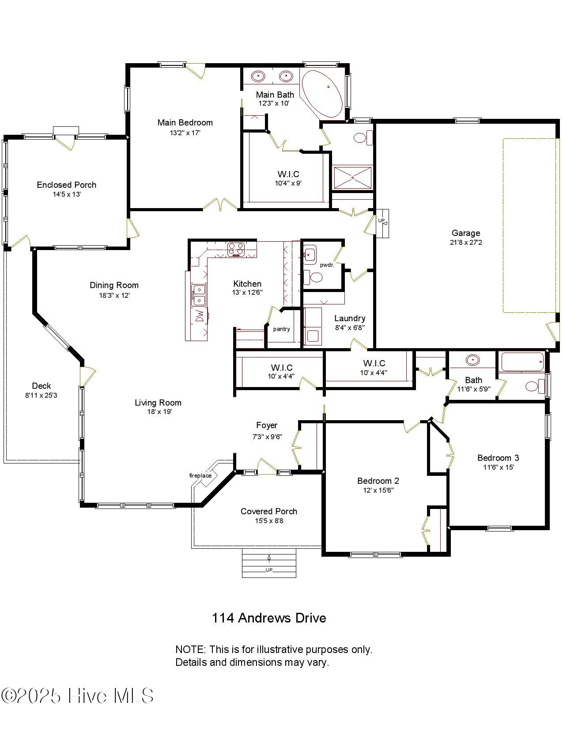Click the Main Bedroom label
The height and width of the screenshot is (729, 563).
point(185,122)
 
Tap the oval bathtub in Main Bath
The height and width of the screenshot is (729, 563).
point(322,93)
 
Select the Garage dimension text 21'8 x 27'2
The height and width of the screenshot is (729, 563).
point(466,243)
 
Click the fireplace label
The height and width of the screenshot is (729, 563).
point(200,475)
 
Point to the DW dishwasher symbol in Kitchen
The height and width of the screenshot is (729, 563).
point(200,316)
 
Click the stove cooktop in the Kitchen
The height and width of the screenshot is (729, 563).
point(236,249)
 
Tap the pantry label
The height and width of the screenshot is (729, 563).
point(281,329)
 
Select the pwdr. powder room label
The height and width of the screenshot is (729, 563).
point(327,265)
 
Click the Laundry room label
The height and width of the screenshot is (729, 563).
point(349,318)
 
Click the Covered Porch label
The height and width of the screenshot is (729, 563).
point(268,511)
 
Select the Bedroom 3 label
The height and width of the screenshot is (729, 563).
point(498,458)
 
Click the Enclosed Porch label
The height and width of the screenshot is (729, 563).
point(66,185)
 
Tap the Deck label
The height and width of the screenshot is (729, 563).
point(41,386)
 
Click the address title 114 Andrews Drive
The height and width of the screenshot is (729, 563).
point(268,618)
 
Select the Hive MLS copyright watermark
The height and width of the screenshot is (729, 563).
point(78,696)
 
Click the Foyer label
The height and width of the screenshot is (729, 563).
point(267,425)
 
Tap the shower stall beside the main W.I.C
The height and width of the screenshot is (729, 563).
point(352,177)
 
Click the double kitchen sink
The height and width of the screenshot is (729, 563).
point(199,295)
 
